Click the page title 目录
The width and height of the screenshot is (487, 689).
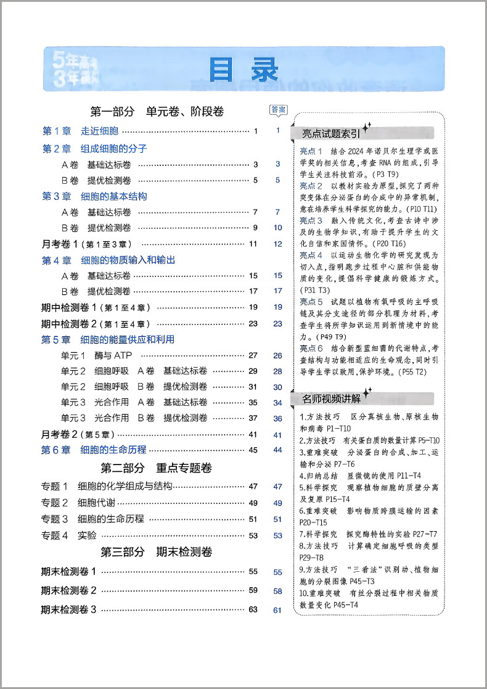[243, 70]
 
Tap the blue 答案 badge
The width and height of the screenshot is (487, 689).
[278, 110]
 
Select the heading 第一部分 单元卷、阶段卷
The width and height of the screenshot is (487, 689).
[157, 112]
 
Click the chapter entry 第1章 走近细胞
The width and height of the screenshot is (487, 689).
[80, 131]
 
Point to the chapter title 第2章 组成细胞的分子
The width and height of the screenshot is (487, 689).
[94, 149]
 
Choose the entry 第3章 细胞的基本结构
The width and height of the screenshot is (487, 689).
[94, 196]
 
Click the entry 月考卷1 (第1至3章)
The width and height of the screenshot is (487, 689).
[86, 244]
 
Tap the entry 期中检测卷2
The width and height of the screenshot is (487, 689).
[95, 323]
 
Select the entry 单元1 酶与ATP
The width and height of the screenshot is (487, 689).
[96, 355]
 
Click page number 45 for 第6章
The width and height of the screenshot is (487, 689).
[252, 450]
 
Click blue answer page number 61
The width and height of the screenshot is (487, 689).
[277, 611]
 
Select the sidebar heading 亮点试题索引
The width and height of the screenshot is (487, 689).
[330, 133]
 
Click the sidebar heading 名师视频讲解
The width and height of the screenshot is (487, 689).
[330, 399]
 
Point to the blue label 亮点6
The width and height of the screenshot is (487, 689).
[311, 349]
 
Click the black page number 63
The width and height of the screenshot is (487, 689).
[253, 609]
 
